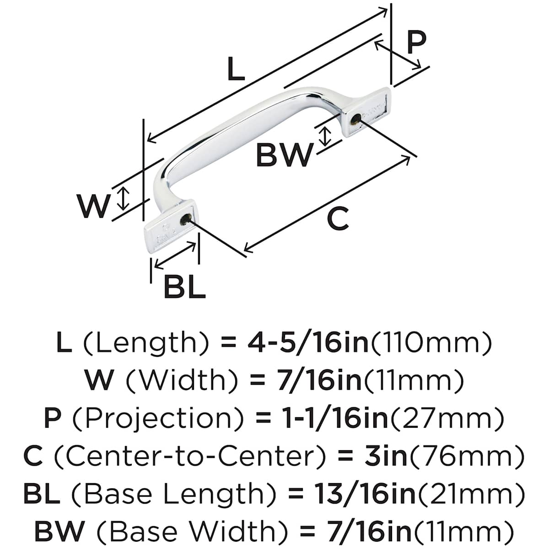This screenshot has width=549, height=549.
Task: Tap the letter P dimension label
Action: pyautogui.click(x=415, y=43)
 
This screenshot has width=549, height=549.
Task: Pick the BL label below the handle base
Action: pyautogui.click(x=184, y=287)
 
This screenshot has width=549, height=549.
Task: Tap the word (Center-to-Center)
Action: pyautogui.click(x=190, y=456)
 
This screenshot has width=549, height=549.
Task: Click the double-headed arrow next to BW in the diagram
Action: pyautogui.click(x=325, y=136)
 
